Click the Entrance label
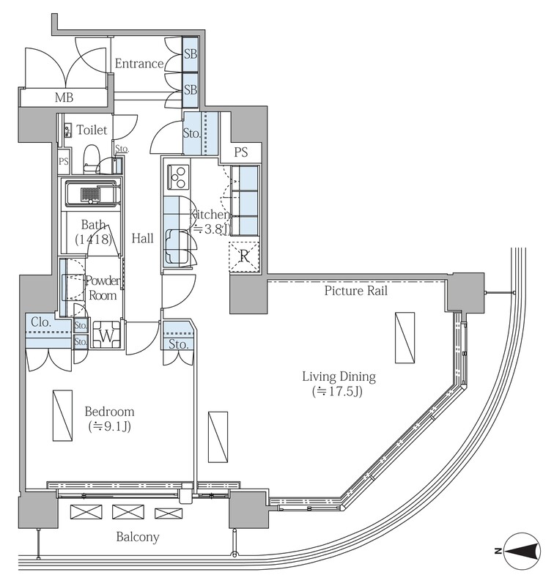139,64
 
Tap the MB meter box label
64,98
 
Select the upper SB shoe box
191,54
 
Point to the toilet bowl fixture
89,159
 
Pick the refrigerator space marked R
244,256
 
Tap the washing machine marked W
106,335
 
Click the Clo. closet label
41,322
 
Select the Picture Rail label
355,291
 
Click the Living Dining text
339,377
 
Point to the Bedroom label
109,412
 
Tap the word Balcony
138,537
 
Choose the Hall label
142,239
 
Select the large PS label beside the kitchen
241,152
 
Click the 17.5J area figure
338,391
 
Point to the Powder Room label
103,288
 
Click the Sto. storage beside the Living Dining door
178,335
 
